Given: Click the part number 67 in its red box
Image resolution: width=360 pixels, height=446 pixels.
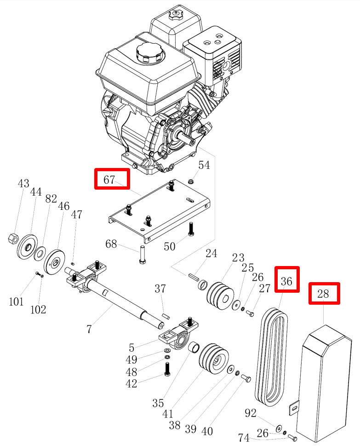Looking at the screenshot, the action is point(109,180).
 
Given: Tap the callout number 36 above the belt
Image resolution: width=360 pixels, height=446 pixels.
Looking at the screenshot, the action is point(286,281).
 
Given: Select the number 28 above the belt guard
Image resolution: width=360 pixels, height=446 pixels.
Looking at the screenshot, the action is point(323,294).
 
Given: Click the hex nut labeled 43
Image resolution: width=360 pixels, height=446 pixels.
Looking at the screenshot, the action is point(13,238).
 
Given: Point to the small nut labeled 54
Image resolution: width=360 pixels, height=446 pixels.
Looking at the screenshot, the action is point(191,181).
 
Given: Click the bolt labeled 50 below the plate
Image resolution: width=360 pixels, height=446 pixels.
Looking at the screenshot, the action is point(191,229).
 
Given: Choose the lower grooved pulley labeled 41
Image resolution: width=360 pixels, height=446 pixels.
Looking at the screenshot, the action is point(214,359).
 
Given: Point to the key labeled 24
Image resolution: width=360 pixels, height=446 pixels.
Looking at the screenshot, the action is point(193,277).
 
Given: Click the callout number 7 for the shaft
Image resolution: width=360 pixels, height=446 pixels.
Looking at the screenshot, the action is point(89,329).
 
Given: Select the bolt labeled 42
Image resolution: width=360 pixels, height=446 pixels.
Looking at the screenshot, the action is point(167,369).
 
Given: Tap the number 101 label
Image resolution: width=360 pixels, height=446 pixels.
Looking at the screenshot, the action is point(16,301).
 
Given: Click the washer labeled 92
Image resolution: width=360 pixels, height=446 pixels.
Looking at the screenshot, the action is point(279,428).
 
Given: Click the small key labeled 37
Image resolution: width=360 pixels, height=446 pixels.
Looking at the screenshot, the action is point(166,315).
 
